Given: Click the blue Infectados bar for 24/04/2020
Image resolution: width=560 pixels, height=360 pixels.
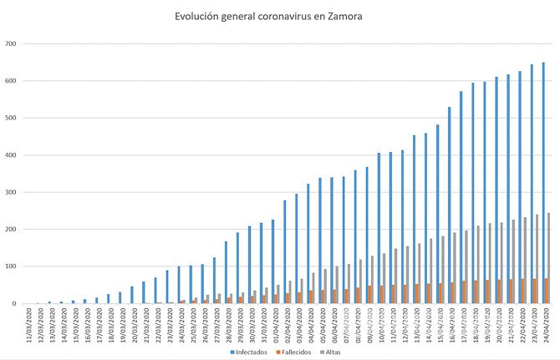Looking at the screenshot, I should point(543,183).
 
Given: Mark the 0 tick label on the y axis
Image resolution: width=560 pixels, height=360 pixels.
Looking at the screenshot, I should point(14,303).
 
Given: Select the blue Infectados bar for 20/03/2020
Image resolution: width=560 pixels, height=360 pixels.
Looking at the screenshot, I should point(131,295).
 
